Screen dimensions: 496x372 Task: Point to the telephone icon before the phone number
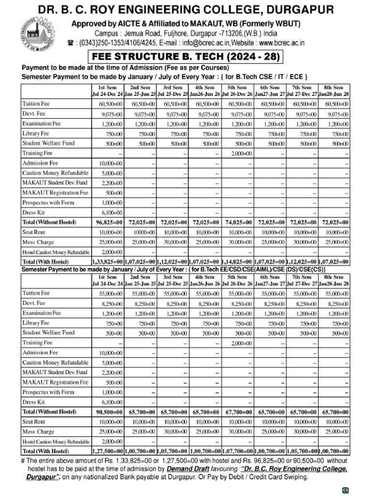tap(71, 43)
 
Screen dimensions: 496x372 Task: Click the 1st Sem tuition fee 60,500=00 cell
tap(111, 104)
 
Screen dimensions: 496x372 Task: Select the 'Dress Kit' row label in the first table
tap(33, 213)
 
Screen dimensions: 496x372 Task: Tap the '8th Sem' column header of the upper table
tap(334, 87)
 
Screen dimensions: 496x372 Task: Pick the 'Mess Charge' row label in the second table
tap(38, 432)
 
